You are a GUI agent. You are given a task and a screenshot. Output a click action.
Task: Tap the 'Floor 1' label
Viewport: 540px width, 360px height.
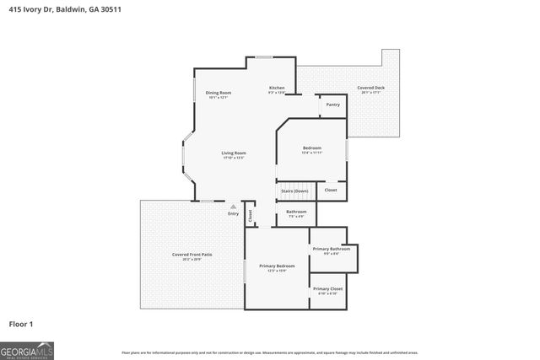click(x=21, y=324)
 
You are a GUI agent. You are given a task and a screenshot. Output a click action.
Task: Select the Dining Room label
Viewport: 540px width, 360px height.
click(x=219, y=93)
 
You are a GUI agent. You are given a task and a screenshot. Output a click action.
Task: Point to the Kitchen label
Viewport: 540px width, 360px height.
click(x=277, y=88)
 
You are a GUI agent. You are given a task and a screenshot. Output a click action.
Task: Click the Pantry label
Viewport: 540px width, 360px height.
click(x=332, y=105)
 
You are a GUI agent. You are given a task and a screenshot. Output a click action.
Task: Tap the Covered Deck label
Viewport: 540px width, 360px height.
click(x=370, y=88)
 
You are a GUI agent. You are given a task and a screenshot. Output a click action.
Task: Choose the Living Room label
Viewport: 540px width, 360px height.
click(x=234, y=153)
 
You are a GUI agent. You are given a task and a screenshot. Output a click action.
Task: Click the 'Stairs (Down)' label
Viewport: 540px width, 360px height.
click(x=294, y=191)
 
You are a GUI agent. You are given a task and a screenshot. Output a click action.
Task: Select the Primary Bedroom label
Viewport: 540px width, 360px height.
click(x=277, y=266)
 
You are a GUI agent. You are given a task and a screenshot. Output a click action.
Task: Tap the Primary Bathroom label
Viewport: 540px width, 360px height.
click(x=331, y=249)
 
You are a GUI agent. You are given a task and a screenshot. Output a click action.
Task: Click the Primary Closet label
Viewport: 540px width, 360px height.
click(x=327, y=288)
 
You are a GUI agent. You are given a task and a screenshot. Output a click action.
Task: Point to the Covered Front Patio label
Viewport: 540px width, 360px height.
click(x=192, y=255)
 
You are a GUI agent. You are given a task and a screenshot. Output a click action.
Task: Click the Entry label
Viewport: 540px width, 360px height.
click(x=233, y=213)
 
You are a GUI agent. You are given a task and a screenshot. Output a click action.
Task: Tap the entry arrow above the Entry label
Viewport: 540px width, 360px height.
click(x=234, y=206)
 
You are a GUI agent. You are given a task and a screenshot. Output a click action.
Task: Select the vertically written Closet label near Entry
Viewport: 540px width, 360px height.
click(x=251, y=214)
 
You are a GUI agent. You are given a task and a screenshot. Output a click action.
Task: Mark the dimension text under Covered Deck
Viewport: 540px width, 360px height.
click(x=370, y=93)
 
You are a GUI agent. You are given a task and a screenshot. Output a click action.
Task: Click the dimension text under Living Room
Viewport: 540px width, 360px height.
click(x=234, y=158)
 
